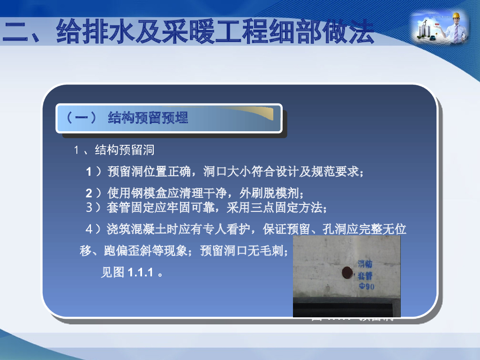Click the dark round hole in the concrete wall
(347, 271)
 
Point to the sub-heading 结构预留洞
(124, 150)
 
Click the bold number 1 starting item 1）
(89, 172)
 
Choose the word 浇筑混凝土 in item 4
(133, 229)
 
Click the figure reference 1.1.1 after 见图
(141, 272)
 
